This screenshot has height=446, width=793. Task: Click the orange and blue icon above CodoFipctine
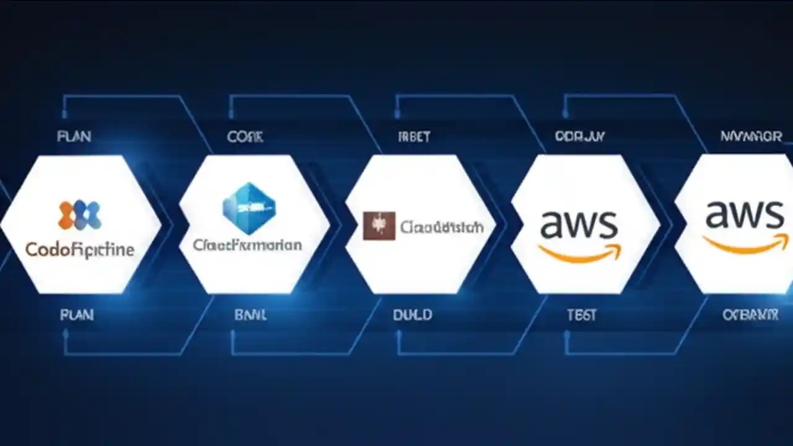click(79, 215)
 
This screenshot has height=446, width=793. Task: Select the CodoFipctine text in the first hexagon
click(79, 250)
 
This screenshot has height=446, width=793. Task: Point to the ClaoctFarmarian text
click(247, 245)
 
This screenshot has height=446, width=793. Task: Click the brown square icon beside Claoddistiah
click(379, 226)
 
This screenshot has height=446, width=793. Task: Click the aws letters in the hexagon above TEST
click(579, 224)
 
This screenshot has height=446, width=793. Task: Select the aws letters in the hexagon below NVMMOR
click(744, 215)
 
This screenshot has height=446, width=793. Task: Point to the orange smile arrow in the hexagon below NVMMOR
click(745, 243)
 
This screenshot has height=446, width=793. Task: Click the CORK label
click(245, 137)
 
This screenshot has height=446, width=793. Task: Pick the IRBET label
click(414, 137)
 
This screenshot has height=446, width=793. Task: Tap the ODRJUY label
click(580, 136)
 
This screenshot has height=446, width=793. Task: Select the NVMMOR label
click(751, 136)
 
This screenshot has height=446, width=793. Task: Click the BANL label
click(250, 315)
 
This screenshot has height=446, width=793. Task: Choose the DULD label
click(413, 315)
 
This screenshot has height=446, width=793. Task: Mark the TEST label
click(581, 315)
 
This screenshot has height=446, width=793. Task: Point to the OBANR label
click(750, 315)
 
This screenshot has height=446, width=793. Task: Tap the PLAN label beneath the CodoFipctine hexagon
click(77, 315)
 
